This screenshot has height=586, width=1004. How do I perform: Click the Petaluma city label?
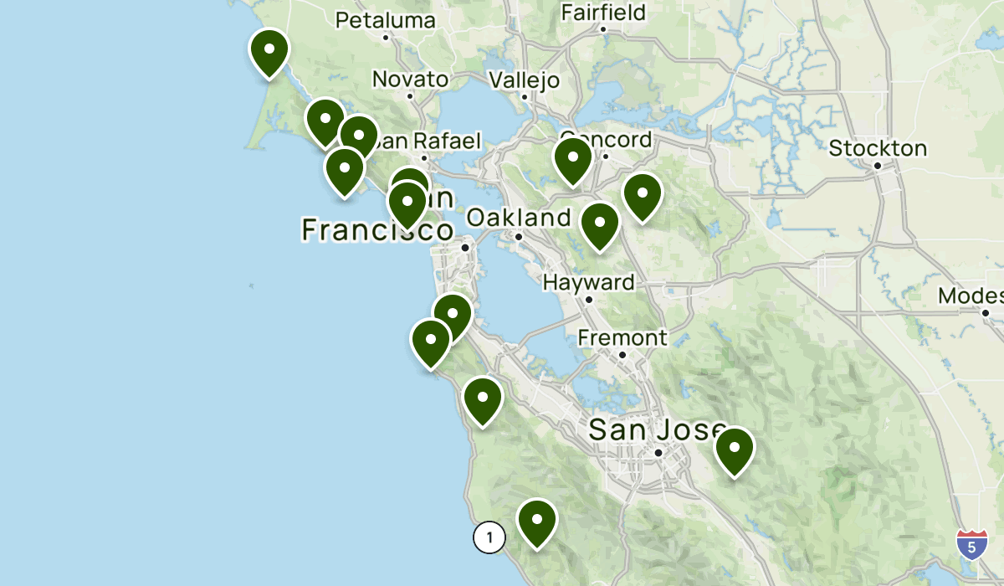386,20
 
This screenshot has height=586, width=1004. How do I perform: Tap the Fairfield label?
603,13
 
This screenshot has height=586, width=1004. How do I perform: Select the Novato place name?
410,80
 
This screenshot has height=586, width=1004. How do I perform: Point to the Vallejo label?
524,80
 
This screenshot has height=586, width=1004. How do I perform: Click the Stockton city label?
878,148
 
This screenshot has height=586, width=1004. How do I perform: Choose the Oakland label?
519,218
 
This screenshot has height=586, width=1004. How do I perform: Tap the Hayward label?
588,282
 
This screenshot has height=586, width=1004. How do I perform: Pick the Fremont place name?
622,337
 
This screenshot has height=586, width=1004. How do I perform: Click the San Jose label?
658,429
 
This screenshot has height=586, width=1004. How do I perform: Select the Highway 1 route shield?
489,537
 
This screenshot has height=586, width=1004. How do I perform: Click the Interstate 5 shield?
971,543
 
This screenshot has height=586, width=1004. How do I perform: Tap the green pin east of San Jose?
735,450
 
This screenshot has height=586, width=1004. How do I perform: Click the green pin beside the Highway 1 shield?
537,522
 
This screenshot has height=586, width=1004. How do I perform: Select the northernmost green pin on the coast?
269,51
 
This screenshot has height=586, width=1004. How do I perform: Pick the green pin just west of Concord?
572,160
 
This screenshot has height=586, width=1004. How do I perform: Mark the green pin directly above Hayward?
600,225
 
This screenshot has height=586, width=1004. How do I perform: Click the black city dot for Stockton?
878,166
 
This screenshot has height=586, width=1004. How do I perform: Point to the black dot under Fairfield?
603,29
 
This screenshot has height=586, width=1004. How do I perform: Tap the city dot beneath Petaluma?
386,37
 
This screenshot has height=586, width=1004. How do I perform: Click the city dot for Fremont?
622,355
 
